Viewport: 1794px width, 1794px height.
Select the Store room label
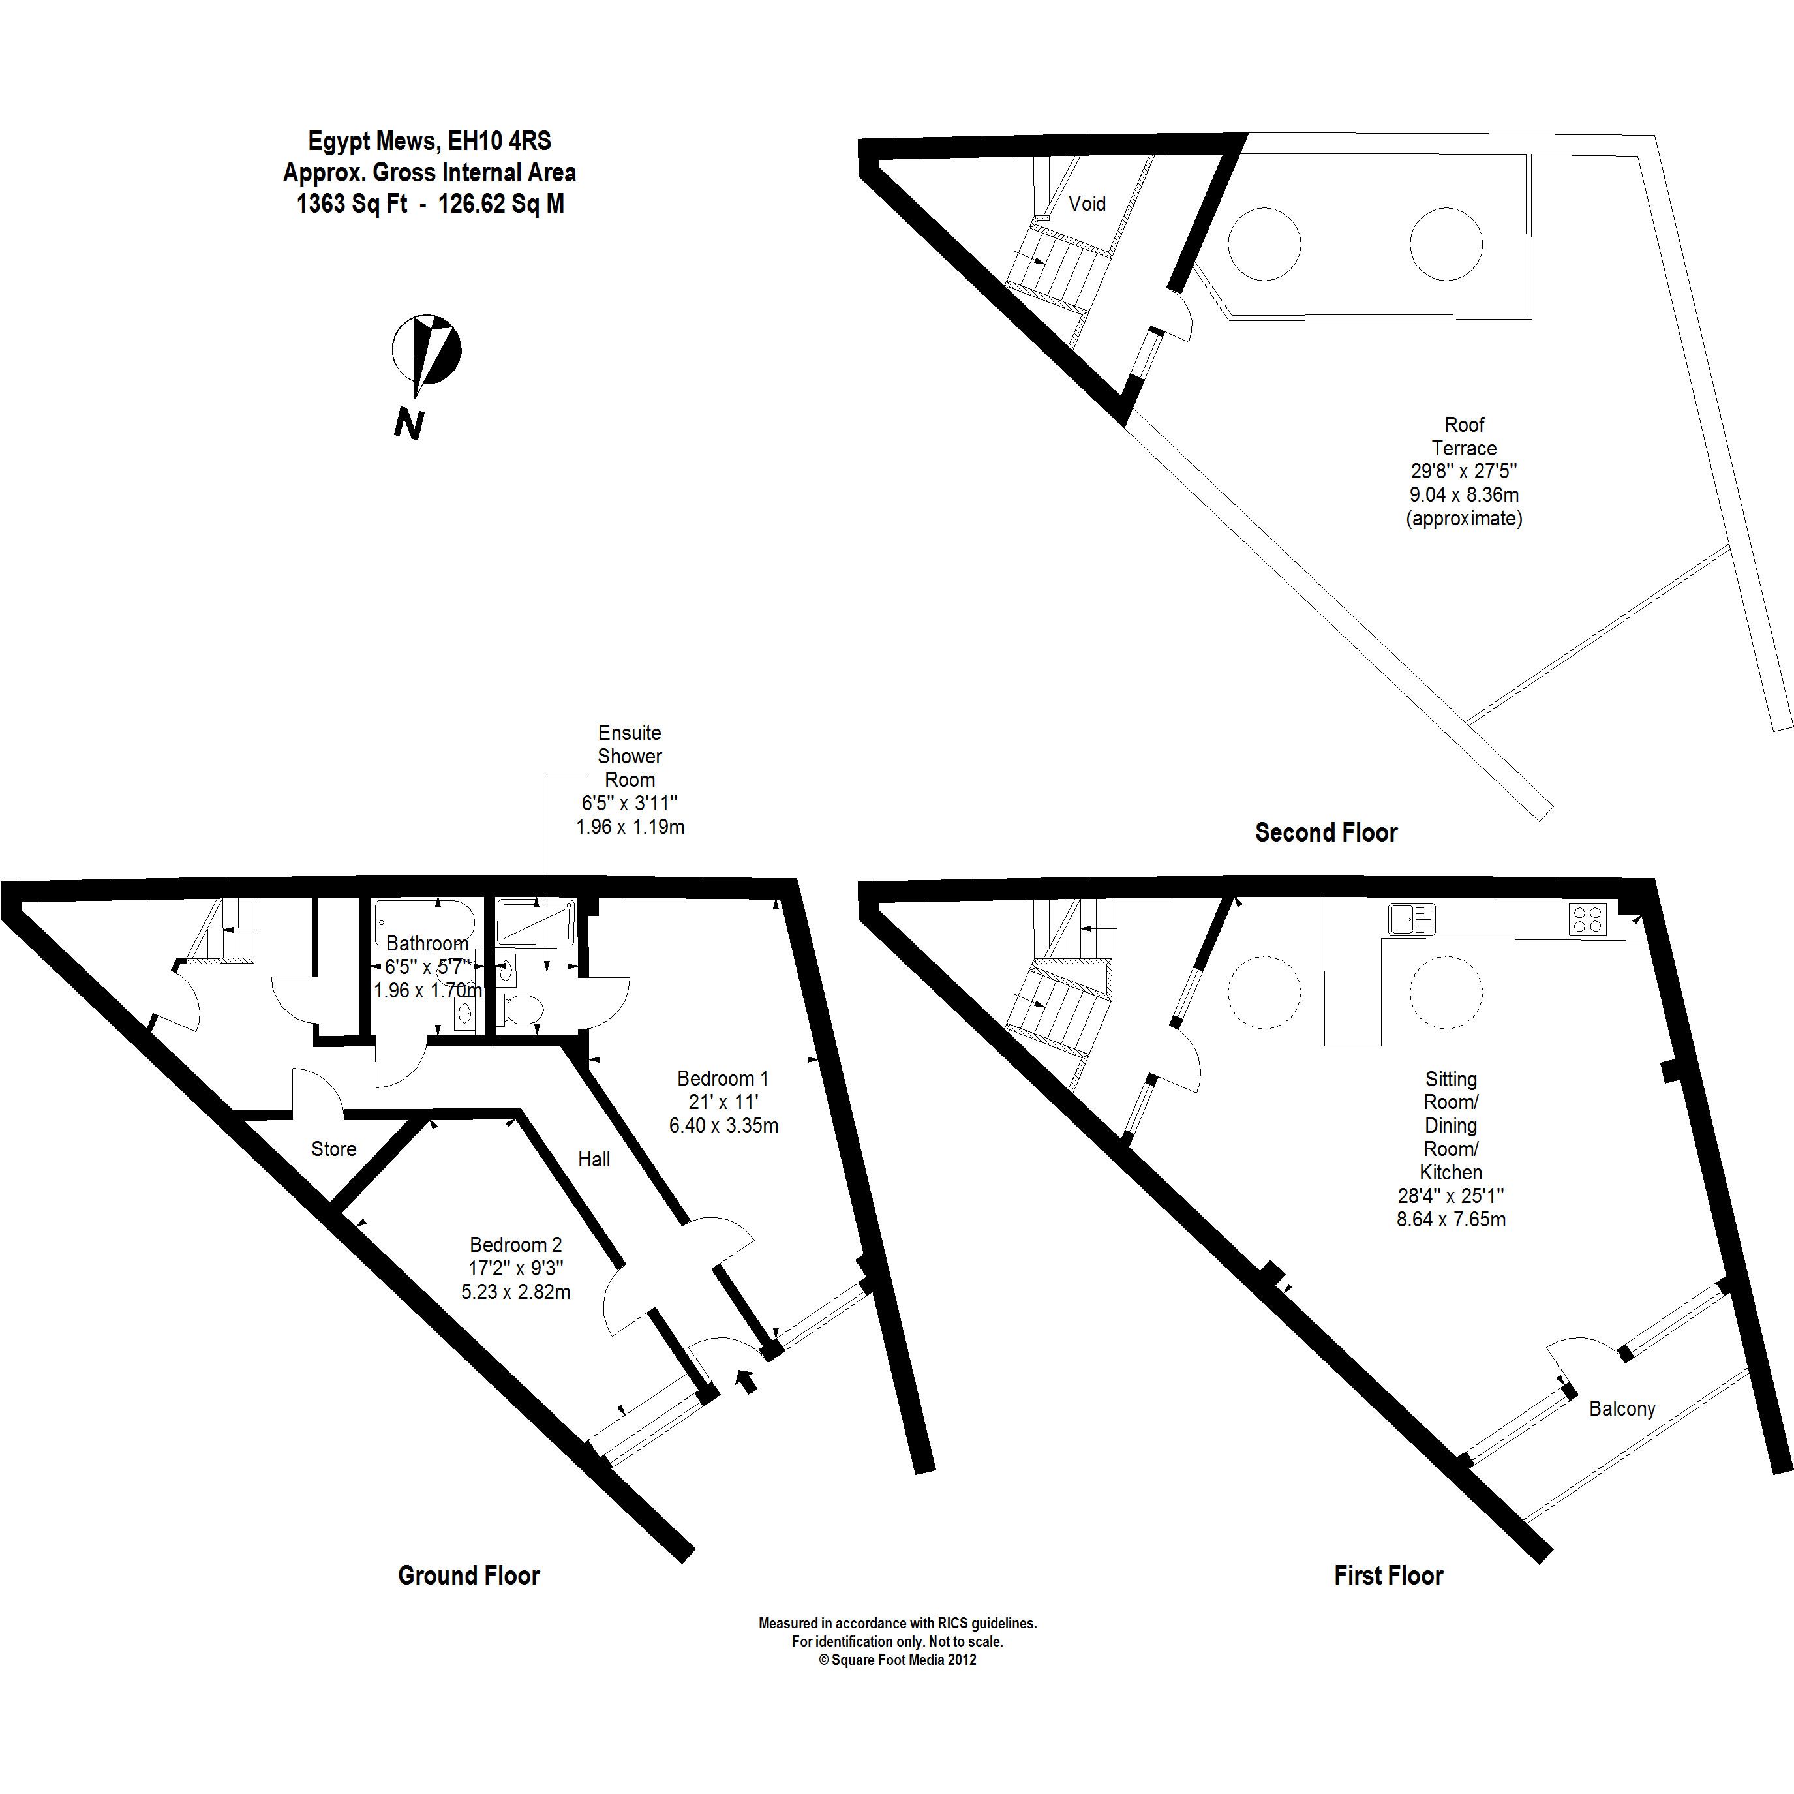(x=333, y=1149)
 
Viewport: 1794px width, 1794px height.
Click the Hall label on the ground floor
(x=594, y=1159)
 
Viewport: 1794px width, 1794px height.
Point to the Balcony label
(x=1622, y=1408)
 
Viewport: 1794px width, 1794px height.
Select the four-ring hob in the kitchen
(x=1587, y=919)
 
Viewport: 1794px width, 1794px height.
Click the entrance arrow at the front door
(x=746, y=1382)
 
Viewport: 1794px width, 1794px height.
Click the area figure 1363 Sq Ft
(x=351, y=204)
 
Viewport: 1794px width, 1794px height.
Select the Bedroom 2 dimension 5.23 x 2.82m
(x=515, y=1292)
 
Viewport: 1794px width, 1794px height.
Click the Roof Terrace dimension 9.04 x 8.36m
(x=1463, y=495)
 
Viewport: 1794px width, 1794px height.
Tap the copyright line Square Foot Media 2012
(x=897, y=1660)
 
